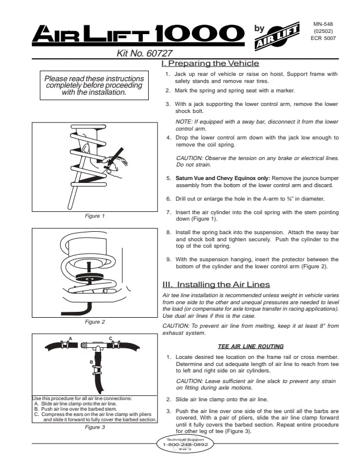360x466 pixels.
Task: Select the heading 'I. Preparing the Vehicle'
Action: click(210, 63)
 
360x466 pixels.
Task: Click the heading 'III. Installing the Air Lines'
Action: click(216, 284)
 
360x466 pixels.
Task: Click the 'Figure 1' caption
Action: click(95, 216)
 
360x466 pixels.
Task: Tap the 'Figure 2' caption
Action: click(95, 322)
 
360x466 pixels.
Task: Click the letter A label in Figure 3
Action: click(71, 338)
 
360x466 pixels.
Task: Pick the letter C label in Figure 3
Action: click(110, 338)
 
